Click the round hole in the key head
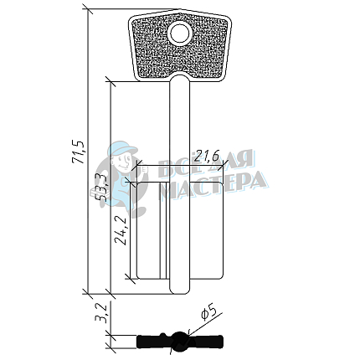[178, 34]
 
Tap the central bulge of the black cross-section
[178, 341]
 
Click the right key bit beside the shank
[205, 234]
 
